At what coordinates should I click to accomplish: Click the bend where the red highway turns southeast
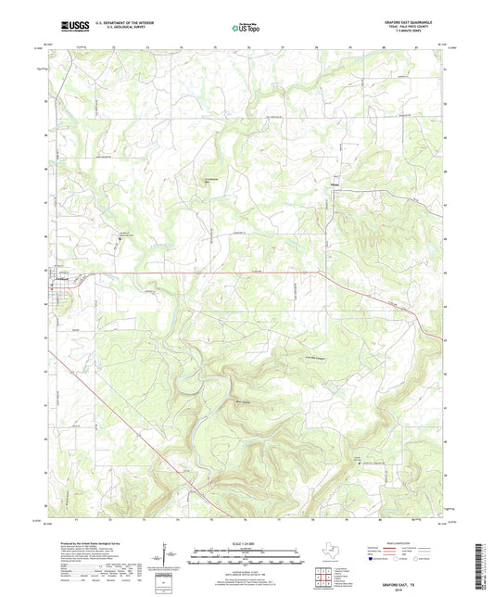[320, 272]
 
